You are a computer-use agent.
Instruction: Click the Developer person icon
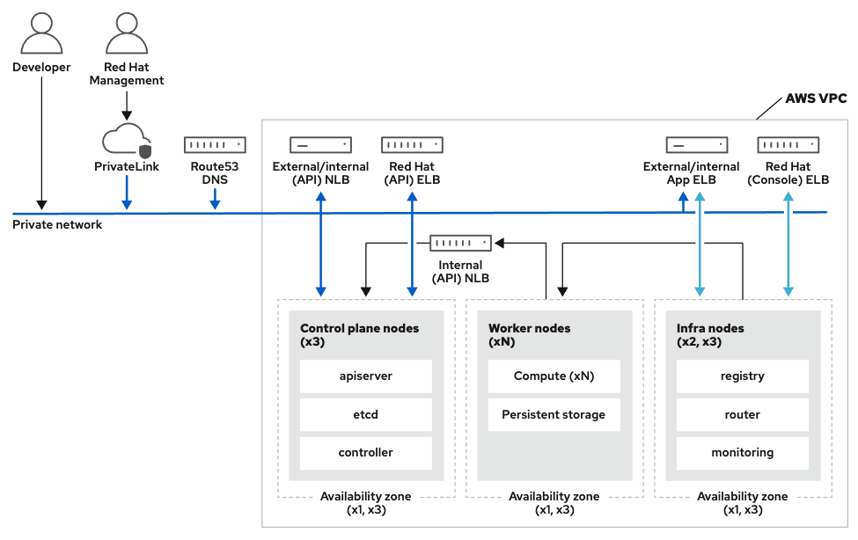click(x=40, y=33)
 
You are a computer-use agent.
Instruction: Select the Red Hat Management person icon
click(x=127, y=33)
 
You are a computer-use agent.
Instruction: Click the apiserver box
click(x=365, y=376)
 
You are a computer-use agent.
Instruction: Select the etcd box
click(x=365, y=414)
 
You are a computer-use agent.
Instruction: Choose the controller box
click(x=365, y=453)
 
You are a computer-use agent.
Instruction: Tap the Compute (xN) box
click(x=554, y=376)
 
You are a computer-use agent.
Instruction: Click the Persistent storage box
click(x=554, y=414)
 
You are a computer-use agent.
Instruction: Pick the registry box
click(x=742, y=376)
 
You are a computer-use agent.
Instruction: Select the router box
click(x=742, y=414)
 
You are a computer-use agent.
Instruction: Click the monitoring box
click(x=742, y=453)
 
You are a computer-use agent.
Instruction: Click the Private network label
click(x=57, y=225)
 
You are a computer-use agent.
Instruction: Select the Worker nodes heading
click(x=529, y=328)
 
